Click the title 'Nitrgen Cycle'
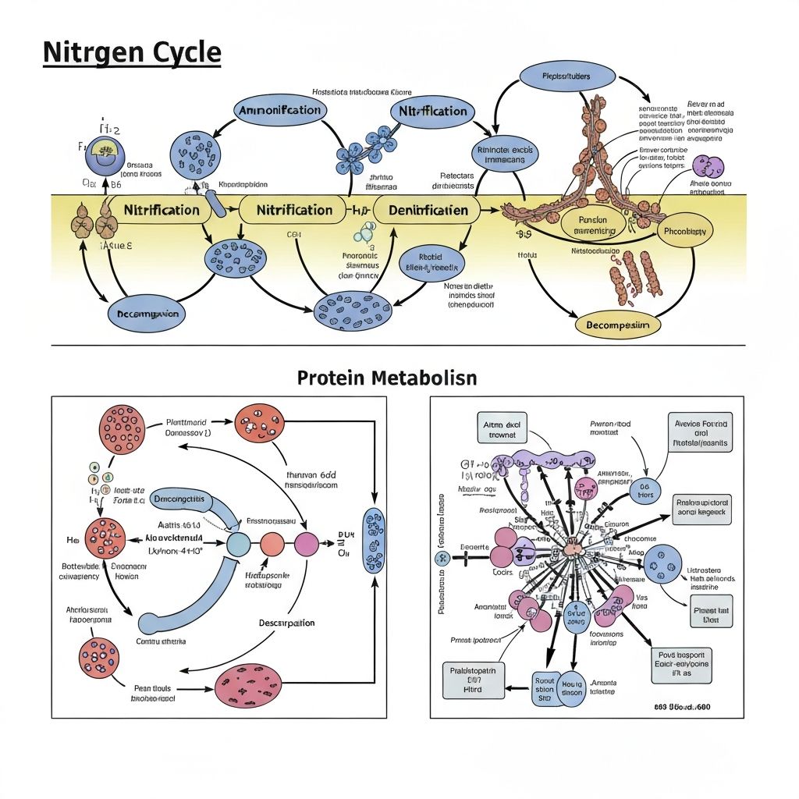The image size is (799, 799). tap(132, 53)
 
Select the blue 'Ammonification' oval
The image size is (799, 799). tap(279, 110)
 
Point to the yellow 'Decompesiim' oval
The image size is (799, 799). tap(617, 324)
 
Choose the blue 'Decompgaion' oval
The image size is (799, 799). tap(147, 314)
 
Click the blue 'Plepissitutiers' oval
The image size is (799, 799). tap(555, 76)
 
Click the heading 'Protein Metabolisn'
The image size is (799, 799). tap(387, 378)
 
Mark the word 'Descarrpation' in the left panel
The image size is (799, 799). tap(286, 623)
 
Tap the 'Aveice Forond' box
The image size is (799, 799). tap(701, 434)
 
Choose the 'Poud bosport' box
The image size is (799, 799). tap(682, 664)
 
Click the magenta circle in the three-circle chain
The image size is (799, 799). tap(305, 544)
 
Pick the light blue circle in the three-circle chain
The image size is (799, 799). tap(239, 544)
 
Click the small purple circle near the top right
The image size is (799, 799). tap(708, 167)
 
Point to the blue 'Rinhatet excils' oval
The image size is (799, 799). tap(502, 153)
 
